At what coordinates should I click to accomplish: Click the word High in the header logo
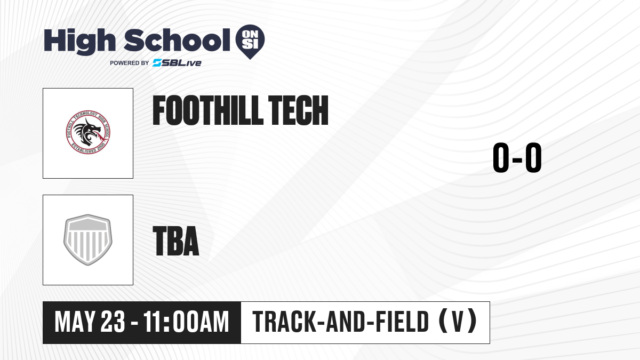coord(79,42)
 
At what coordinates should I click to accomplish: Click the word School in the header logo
coord(177,40)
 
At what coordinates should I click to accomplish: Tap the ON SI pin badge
coord(250,42)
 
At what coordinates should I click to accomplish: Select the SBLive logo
coord(177,63)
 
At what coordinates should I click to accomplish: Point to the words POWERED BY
coord(130,63)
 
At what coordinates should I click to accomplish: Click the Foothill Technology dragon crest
coord(87,132)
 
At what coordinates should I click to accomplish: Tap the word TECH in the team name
coord(298,110)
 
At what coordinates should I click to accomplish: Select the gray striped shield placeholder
coord(87,240)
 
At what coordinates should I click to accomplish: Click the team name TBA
coord(176,241)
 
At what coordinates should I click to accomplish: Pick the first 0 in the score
coord(501,157)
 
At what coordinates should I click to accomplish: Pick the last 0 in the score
coord(533,157)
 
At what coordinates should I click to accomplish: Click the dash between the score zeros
coord(517,159)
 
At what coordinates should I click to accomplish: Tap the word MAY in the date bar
coord(75,322)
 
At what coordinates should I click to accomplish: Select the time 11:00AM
coord(186,322)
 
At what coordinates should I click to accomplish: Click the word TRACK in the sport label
coord(284,322)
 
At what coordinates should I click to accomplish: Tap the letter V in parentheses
coord(458,322)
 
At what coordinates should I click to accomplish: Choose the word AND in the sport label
coord(345,322)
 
